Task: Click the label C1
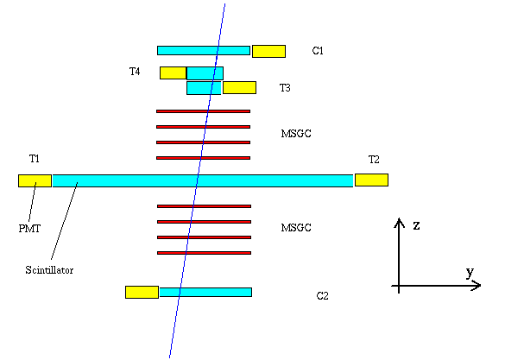(x=318, y=51)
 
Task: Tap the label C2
(x=322, y=295)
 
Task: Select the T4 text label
(x=135, y=71)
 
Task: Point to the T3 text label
(x=285, y=87)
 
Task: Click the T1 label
(x=35, y=159)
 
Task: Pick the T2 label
(x=374, y=159)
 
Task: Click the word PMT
(x=29, y=228)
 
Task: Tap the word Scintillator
(x=49, y=269)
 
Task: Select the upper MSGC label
(x=296, y=133)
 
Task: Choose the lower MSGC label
(x=296, y=228)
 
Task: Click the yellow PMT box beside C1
(x=268, y=52)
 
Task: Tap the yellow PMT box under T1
(x=35, y=180)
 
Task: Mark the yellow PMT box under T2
(x=371, y=180)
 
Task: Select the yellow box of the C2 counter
(x=142, y=292)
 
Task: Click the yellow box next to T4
(x=173, y=73)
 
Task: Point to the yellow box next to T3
(x=240, y=87)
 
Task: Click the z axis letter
(x=416, y=225)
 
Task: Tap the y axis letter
(x=470, y=273)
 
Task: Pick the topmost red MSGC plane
(x=203, y=111)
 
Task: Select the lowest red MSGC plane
(x=205, y=253)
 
